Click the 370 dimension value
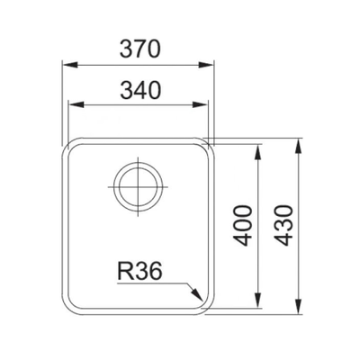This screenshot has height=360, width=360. pos(140,49)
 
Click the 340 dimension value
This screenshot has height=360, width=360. pos(140,90)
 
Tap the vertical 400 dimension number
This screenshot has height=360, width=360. pos(241,226)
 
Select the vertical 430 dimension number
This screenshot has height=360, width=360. pos(283,226)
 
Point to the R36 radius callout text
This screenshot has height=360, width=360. pos(139,271)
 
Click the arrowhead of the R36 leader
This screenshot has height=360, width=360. pos(197,294)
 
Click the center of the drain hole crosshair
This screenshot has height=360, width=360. pos(138,186)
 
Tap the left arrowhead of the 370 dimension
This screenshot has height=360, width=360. pos(69,65)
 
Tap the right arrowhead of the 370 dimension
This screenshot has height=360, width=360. pos(206,65)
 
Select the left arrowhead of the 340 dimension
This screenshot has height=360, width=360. pos(76,104)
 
